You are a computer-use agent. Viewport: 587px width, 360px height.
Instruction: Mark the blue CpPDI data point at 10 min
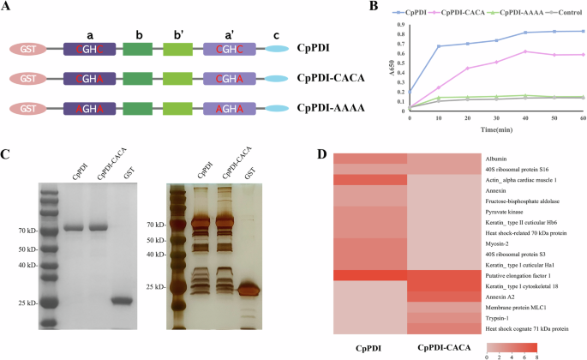click(x=439, y=46)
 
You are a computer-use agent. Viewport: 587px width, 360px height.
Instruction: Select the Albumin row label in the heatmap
click(x=496, y=159)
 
